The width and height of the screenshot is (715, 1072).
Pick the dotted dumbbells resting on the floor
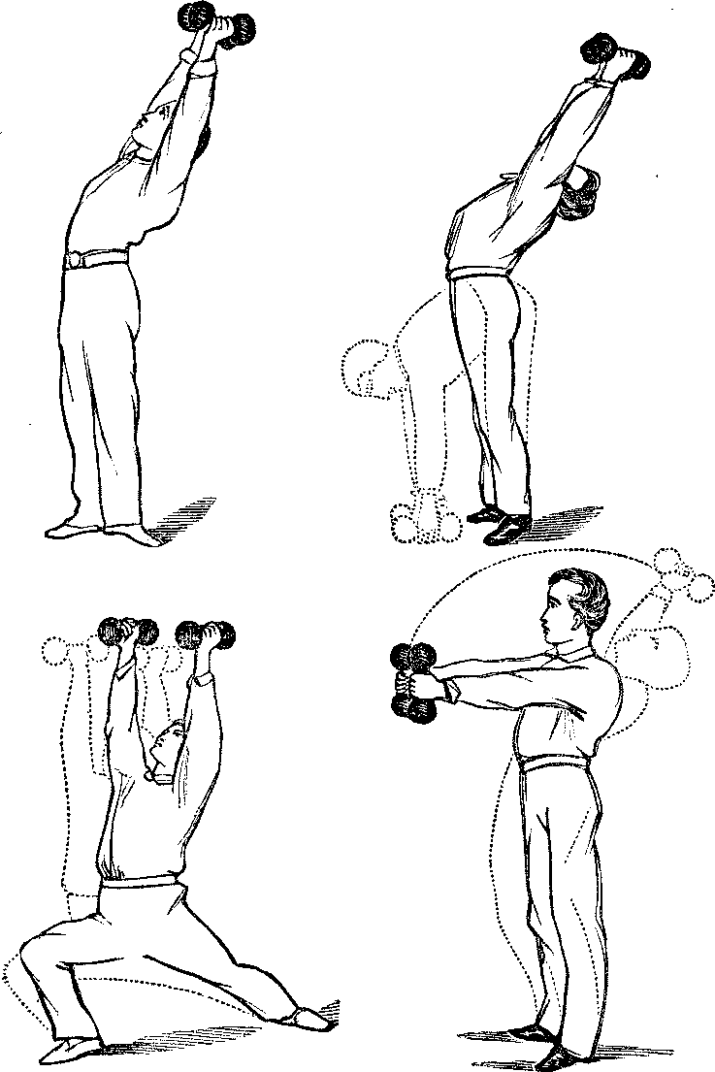tap(422, 522)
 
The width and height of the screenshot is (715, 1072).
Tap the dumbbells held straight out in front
tap(414, 683)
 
